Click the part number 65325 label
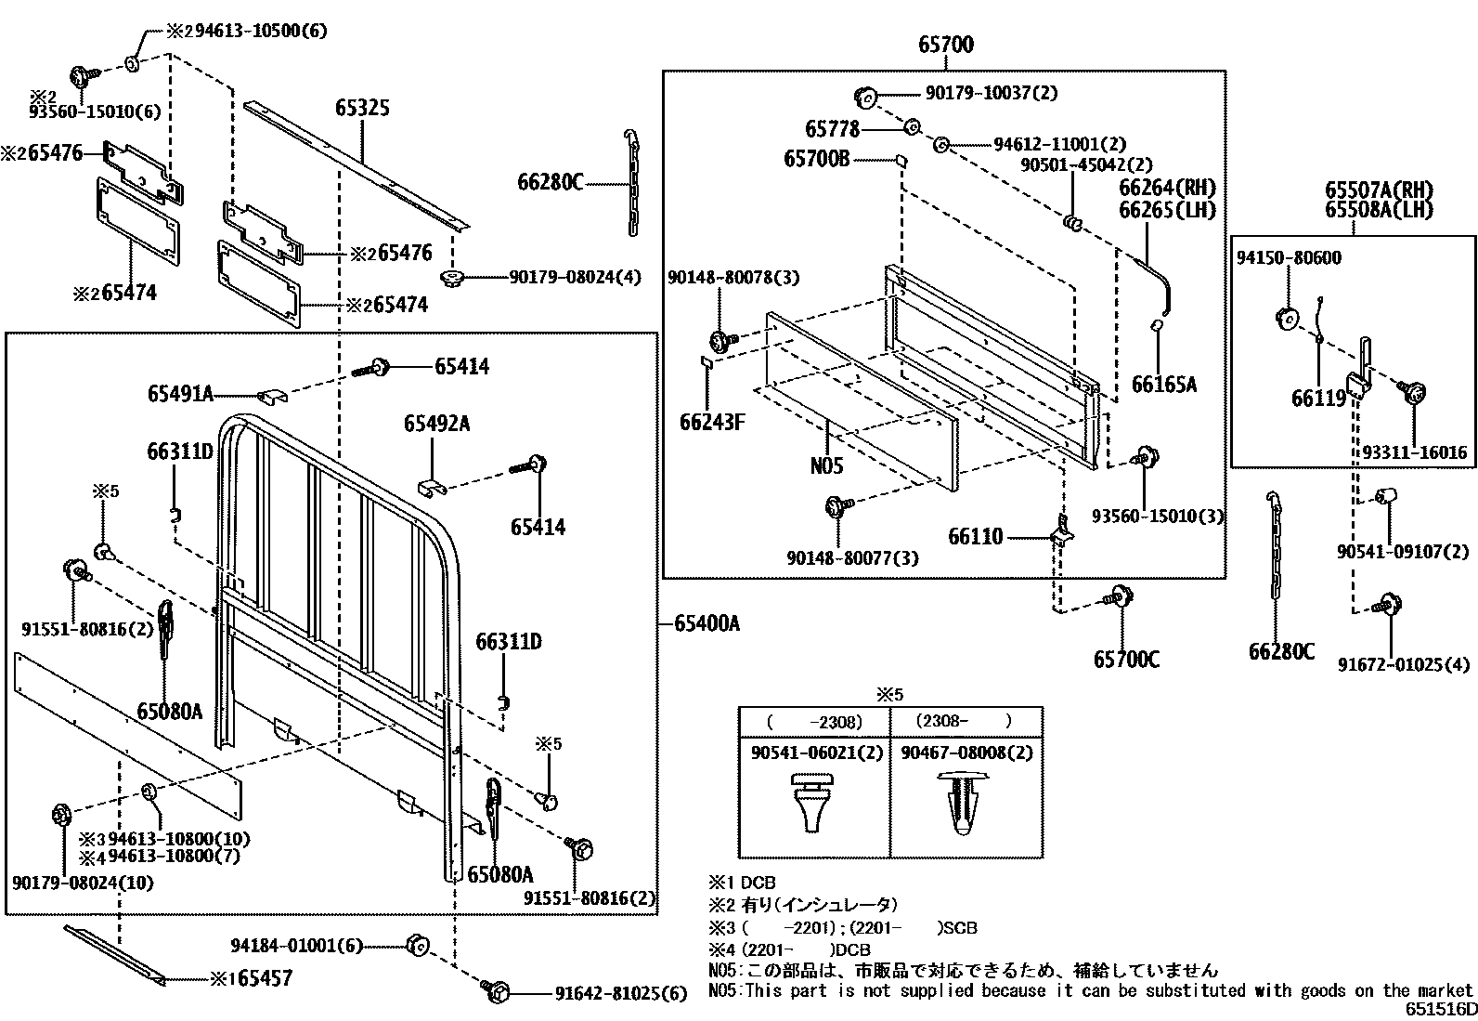coord(362,108)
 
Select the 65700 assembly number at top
coord(946,45)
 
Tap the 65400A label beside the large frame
coord(707,623)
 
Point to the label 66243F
coord(713,422)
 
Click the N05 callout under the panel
coord(826,465)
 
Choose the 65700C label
coord(1126,660)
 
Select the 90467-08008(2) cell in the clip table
coord(966,753)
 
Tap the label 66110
coord(975,537)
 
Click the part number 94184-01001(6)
coord(296,946)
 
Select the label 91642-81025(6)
coord(621,993)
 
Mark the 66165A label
coord(1164,385)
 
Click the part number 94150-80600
coord(1288,257)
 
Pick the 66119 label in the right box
coord(1318,399)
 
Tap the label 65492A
coord(436,424)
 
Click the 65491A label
coord(180,395)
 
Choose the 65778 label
coord(833,128)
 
